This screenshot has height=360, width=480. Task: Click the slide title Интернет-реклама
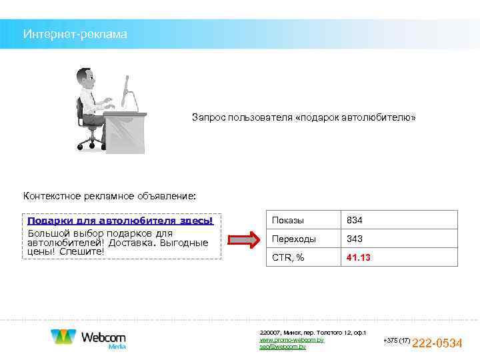[74, 33]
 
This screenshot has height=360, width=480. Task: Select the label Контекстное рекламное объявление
[110, 196]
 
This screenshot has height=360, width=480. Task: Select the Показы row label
[288, 220]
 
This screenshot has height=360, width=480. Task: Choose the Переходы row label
[294, 239]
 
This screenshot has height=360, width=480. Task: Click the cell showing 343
[354, 239]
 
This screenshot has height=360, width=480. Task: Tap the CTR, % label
[289, 257]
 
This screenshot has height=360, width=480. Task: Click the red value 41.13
[358, 257]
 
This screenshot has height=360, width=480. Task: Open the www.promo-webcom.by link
[291, 340]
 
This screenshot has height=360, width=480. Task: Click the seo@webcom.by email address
[283, 347]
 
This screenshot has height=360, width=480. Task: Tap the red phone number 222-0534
[437, 343]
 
